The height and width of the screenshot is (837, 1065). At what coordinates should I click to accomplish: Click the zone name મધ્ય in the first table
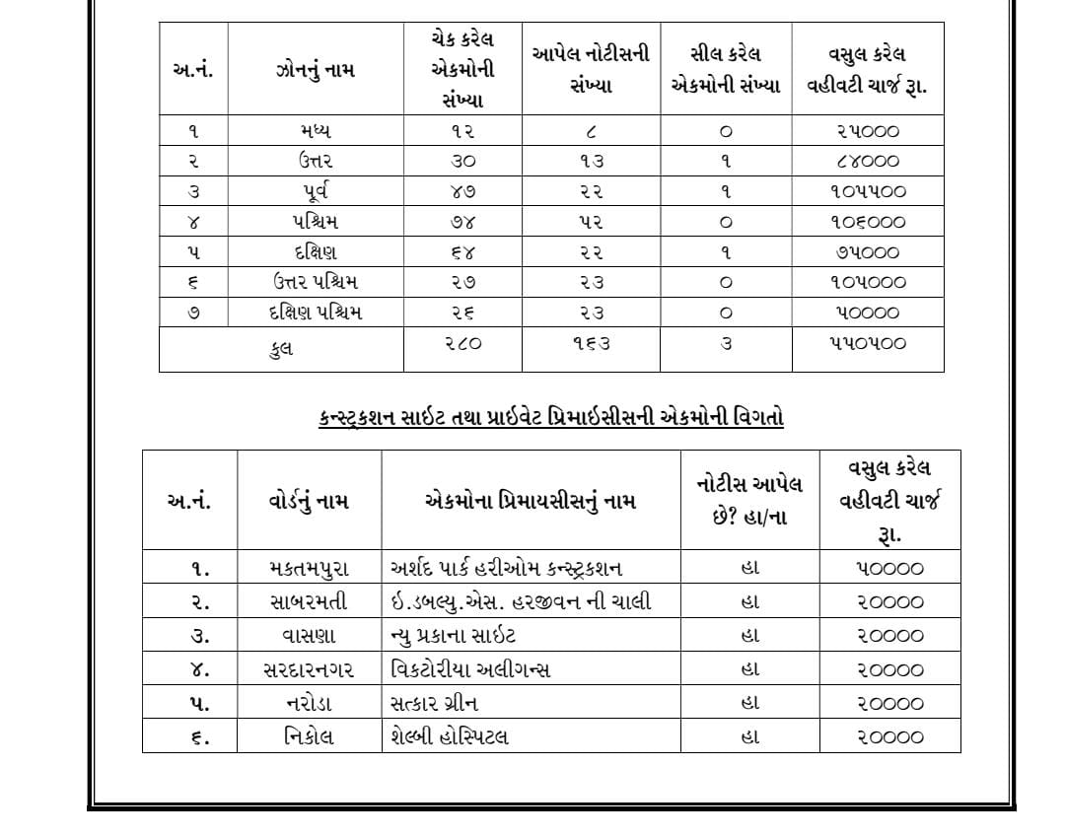coord(316,131)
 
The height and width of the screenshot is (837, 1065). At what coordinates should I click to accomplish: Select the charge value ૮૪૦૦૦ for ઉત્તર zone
coord(867,162)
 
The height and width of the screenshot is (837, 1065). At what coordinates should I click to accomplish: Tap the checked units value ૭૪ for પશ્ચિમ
coord(462,222)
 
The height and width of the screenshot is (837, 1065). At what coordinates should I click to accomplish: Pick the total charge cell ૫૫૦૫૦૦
coord(867,344)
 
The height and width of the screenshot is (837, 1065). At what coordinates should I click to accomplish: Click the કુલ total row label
coord(281,348)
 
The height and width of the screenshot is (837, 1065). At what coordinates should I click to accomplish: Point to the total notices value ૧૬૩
coord(591,344)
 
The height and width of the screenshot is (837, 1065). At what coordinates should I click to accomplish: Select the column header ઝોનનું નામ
coord(316,70)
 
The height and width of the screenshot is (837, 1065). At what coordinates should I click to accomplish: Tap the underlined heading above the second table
coord(551,417)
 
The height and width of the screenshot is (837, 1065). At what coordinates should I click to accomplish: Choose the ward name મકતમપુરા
coord(309,569)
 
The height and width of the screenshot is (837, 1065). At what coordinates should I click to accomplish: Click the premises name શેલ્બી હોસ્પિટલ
coord(451,736)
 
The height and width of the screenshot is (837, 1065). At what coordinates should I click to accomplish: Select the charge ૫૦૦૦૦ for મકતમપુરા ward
coord(889,569)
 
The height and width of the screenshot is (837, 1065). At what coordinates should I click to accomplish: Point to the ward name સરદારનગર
coord(309,670)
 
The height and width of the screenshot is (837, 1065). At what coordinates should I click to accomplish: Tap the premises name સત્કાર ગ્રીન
coord(435,703)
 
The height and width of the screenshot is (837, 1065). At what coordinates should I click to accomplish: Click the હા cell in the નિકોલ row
coord(749,736)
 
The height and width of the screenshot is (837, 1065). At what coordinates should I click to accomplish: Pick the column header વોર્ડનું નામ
coord(309,501)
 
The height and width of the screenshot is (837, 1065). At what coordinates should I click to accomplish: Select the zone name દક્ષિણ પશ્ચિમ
coord(316,313)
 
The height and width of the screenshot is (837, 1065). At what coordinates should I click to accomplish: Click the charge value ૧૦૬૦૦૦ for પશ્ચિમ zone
coord(867,222)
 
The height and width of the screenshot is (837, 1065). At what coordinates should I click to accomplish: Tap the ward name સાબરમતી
coord(309,602)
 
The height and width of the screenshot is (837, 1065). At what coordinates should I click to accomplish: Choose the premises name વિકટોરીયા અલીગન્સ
coord(471,670)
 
